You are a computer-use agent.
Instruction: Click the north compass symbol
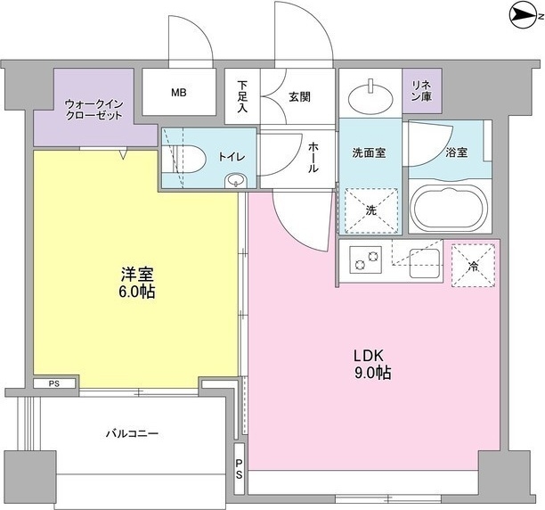[524, 16]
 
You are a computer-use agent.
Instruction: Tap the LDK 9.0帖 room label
[372, 365]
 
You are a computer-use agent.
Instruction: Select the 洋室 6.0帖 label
[137, 283]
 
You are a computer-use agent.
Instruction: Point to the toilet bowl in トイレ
[187, 158]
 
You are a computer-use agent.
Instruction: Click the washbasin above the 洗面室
[370, 95]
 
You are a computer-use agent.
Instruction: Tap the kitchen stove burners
[366, 260]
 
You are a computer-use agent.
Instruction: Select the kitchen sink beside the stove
[424, 263]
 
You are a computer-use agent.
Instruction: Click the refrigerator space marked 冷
[473, 266]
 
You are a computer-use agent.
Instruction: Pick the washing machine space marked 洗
[371, 210]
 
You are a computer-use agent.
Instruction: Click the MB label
[179, 93]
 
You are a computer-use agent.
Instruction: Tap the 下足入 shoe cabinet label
[242, 96]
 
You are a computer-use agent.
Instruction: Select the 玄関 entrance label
[299, 97]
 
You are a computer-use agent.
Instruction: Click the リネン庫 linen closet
[422, 91]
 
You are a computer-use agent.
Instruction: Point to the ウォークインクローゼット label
[94, 110]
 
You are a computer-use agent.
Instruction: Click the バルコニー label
[133, 433]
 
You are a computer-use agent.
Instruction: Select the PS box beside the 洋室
[54, 383]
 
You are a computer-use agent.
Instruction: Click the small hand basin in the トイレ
[236, 181]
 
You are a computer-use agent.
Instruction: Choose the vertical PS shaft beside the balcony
[240, 468]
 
